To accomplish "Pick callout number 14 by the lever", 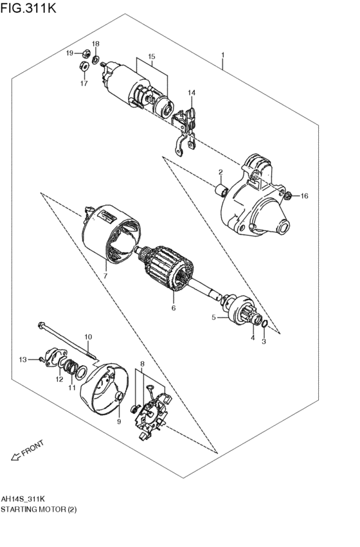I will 191,94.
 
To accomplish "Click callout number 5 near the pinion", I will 215,317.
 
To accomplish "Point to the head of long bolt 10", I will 42,325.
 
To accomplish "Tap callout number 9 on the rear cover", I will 118,422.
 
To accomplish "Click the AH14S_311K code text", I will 22,499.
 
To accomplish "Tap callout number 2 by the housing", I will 220,172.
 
